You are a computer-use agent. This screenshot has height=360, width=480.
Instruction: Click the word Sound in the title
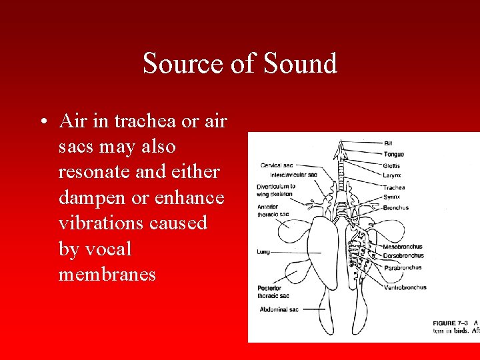coord(301,64)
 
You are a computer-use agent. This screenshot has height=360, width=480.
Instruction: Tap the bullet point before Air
coord(42,123)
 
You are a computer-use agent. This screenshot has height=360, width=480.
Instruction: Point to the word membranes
coord(107,274)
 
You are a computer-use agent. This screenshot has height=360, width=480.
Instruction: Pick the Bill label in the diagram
coord(387,143)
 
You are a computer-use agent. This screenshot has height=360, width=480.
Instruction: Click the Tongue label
coord(393,155)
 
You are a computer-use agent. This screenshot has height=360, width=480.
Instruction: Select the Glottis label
coord(392,166)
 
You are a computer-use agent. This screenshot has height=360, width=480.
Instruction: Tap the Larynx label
coord(392,176)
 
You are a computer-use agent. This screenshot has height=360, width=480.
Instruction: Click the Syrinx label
coord(391,197)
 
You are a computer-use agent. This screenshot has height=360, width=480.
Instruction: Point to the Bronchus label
coord(396,207)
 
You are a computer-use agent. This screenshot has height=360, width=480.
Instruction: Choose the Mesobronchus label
coord(403,247)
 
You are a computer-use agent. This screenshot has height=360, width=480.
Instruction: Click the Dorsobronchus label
coord(403,255)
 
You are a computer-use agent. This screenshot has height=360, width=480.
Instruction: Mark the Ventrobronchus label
coord(405,288)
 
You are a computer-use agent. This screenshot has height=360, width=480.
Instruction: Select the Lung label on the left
coord(263,253)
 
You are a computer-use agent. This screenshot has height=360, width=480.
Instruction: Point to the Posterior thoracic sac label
coord(273,291)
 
